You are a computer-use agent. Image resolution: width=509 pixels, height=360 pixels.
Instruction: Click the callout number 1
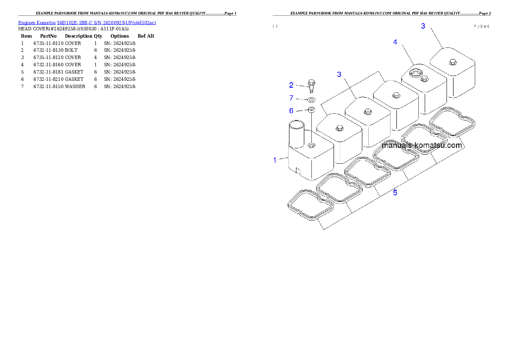pos(275,160)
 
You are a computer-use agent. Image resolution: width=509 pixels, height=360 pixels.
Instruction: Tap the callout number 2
pos(291,85)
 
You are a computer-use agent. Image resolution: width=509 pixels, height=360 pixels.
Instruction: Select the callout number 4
pos(395,42)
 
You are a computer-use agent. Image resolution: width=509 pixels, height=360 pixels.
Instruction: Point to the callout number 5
pos(395,193)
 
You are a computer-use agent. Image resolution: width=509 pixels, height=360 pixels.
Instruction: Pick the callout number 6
pos(291,111)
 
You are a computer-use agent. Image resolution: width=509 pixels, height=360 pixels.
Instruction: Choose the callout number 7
pos(291,98)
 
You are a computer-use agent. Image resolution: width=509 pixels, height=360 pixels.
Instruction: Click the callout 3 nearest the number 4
pos(423,26)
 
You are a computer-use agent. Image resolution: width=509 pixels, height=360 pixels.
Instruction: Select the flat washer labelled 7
pos(311,100)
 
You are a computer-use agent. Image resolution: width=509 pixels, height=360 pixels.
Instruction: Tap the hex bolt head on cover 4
pos(425,79)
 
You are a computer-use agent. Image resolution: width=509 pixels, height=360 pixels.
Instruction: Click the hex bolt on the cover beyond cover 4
pos(452,62)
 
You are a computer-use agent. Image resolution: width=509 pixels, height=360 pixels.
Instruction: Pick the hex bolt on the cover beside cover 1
pos(340,128)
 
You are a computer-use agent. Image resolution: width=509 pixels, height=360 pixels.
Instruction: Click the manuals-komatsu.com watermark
pos(422,145)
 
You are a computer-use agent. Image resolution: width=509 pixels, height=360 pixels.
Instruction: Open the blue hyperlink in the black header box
pos(87,22)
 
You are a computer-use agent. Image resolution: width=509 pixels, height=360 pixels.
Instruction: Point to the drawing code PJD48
pos(482,26)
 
